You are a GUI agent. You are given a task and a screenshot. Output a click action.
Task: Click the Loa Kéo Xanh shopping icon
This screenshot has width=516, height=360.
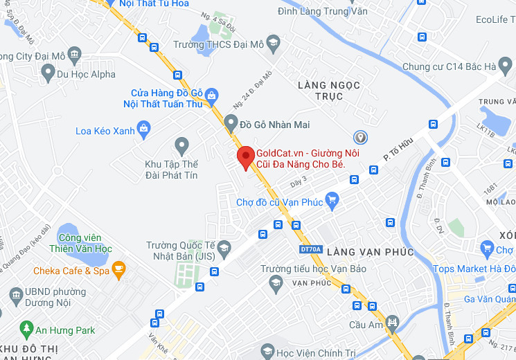point(143,127)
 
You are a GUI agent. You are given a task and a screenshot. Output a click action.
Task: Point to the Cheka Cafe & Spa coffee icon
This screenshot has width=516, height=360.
point(118,268)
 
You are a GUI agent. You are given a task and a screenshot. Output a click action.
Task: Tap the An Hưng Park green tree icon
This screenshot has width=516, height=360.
point(27,327)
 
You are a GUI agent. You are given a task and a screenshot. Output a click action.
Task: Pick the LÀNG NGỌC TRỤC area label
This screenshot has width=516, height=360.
point(329,91)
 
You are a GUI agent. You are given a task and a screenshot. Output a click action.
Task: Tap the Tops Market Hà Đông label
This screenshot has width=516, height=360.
point(474,269)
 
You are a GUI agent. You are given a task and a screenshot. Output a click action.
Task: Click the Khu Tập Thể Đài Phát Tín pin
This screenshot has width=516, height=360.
point(181,145)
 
